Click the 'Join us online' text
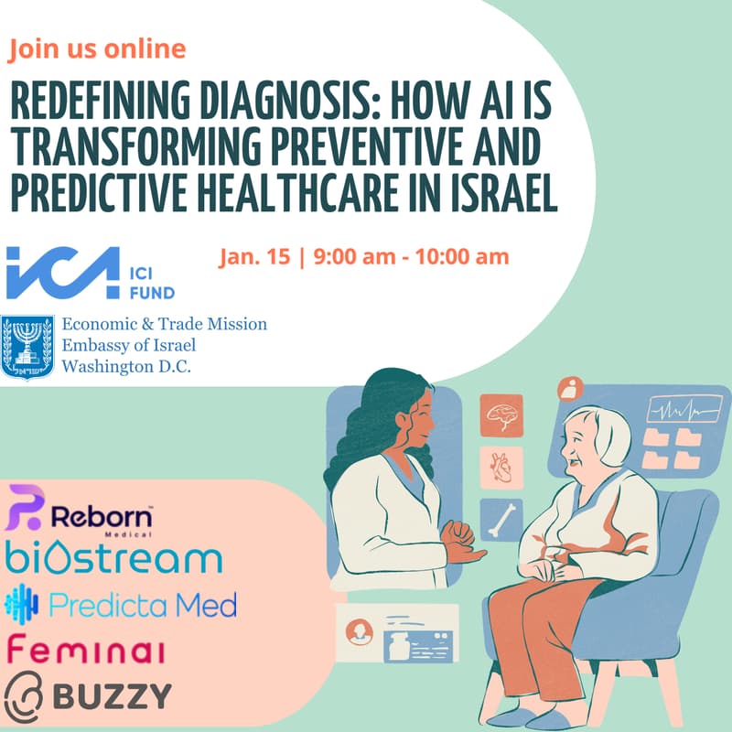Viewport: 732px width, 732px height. [x=97, y=48]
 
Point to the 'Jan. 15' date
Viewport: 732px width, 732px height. [x=253, y=256]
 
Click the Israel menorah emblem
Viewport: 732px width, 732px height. [x=27, y=348]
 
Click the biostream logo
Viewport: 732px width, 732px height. [x=113, y=558]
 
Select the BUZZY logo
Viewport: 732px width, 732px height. [x=88, y=696]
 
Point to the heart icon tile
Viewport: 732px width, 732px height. [x=501, y=468]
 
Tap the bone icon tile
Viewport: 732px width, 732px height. [x=501, y=519]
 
